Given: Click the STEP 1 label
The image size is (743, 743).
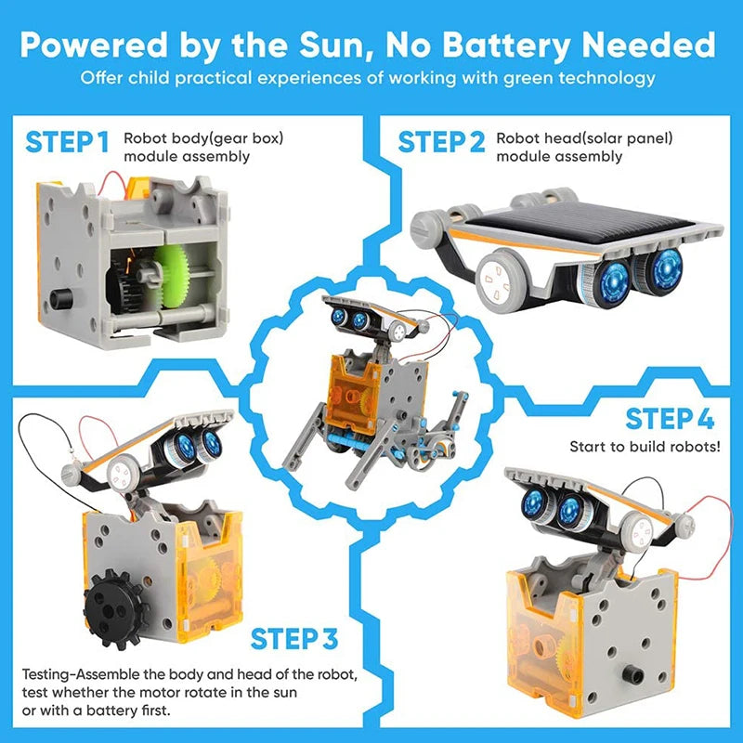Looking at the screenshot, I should [67, 142].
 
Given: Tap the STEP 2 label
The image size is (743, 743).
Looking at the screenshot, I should [441, 142].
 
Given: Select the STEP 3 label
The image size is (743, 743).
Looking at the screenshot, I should [294, 639].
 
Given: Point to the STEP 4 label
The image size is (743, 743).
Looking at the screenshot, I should [669, 419].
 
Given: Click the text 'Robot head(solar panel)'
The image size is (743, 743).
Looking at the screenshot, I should [584, 138].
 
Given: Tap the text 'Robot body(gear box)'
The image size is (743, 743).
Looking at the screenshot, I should [202, 138].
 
